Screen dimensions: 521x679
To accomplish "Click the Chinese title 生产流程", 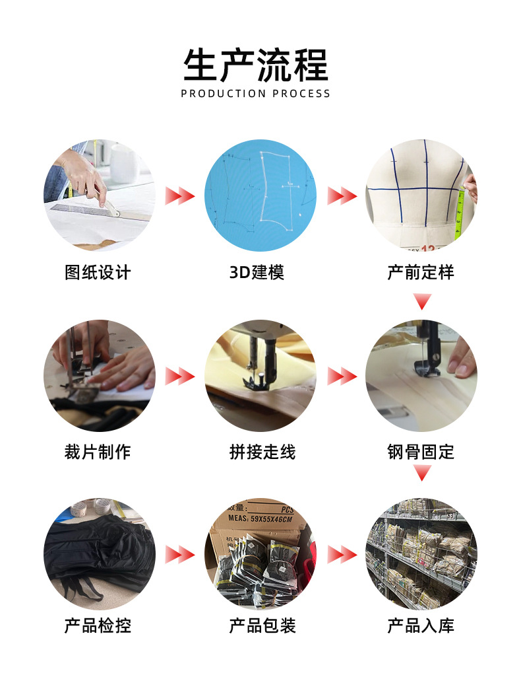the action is click(255, 65).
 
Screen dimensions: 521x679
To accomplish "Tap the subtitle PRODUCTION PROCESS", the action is click(255, 94).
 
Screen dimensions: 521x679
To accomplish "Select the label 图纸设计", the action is click(98, 272).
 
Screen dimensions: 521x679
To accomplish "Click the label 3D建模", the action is click(257, 272).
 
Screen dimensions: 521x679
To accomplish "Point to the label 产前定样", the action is click(421, 272).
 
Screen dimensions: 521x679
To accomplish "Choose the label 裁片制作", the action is click(98, 452).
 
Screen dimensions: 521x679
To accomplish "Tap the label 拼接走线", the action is click(262, 452).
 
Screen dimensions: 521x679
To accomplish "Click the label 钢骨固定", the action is click(421, 452).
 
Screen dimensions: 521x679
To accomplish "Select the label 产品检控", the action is click(98, 625).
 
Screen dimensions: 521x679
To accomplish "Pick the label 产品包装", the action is click(262, 625).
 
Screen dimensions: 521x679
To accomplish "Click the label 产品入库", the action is click(421, 625).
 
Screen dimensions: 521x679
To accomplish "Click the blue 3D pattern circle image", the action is click(260, 196).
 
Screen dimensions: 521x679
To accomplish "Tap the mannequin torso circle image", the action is click(421, 196).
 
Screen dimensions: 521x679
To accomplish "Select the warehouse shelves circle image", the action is click(421, 554).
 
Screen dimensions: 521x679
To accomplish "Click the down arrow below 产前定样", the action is click(422, 301).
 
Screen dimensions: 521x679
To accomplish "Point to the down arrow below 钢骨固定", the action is click(422, 472).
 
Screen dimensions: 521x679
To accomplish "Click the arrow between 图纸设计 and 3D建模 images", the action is click(180, 196).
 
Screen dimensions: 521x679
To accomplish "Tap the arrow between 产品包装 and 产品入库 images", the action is click(342, 555).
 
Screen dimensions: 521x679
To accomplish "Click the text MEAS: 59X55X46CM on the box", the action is click(260, 518).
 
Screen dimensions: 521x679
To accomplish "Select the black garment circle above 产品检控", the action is click(100, 554).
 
